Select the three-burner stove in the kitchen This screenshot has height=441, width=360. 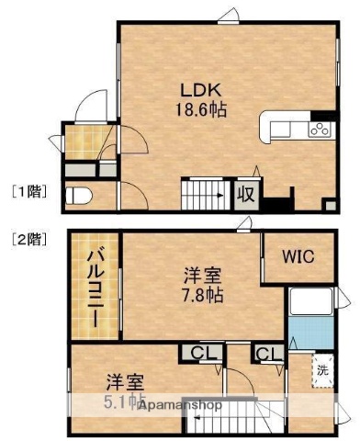coord(320,128)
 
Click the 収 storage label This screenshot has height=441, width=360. coord(246,193)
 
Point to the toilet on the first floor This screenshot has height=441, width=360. coord(80,195)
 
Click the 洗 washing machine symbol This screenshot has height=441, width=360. coord(322,370)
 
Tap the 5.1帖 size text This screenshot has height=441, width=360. coord(122,401)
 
